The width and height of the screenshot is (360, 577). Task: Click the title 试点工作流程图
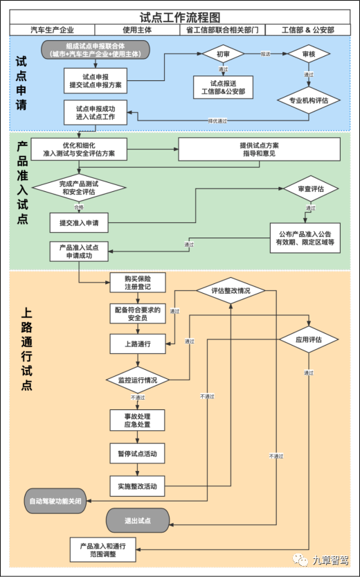click(x=180, y=17)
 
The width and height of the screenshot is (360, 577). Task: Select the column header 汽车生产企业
click(x=53, y=30)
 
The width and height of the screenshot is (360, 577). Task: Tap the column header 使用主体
click(x=137, y=30)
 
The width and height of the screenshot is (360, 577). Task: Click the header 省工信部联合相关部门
click(x=222, y=30)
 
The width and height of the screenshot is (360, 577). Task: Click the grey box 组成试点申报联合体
click(x=96, y=49)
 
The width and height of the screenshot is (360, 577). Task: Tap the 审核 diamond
click(x=308, y=53)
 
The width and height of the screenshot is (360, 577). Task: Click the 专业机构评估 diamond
click(x=308, y=100)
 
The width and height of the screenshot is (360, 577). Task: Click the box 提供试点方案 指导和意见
click(x=260, y=149)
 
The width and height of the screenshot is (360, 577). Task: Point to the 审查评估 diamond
click(x=308, y=188)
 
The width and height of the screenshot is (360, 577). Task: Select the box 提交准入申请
click(x=79, y=222)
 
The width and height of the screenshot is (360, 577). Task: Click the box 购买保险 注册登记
click(x=138, y=282)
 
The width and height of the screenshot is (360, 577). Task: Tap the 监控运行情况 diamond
click(x=138, y=380)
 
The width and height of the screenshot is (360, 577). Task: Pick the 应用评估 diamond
click(x=309, y=339)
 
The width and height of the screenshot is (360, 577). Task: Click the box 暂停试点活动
click(x=138, y=454)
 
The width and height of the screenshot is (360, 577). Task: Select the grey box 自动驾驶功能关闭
click(x=55, y=500)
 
